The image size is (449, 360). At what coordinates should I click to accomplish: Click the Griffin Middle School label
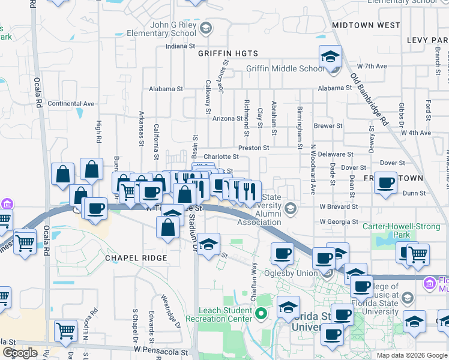285,68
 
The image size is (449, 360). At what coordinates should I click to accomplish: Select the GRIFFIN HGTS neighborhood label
223,53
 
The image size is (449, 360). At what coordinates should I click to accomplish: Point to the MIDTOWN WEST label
366,25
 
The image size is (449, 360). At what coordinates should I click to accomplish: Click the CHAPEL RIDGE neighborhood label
135,257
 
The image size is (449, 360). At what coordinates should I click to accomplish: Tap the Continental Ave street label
71,104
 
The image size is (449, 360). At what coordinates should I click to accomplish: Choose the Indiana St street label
181,46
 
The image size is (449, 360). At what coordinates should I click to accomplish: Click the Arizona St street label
228,118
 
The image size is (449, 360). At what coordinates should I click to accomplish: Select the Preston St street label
253,147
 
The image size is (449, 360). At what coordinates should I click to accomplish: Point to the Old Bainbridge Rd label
370,100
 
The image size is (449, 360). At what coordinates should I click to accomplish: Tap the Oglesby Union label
296,273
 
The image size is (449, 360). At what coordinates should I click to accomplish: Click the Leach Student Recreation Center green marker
261,313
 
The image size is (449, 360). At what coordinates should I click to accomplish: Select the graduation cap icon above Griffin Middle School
330,56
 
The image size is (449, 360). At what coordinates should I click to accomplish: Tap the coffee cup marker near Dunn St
385,183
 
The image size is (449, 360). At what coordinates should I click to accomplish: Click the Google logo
20,353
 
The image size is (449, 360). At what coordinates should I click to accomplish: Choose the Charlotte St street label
221,157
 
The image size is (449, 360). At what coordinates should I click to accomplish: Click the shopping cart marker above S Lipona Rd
65,331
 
